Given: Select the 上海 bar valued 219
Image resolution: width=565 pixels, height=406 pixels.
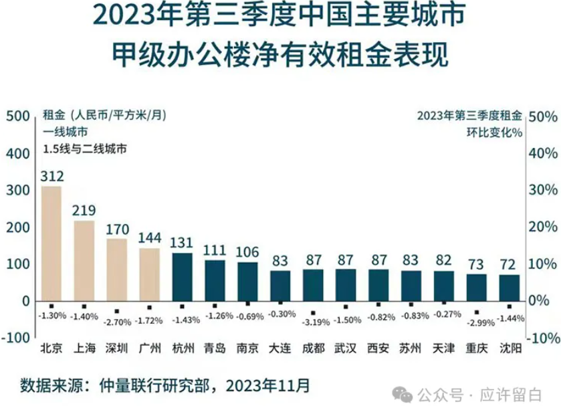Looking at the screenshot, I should pyautogui.click(x=84, y=261).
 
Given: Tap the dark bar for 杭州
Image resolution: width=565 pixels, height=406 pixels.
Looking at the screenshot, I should pyautogui.click(x=183, y=277).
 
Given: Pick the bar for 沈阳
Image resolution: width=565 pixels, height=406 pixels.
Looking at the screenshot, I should pyautogui.click(x=510, y=288).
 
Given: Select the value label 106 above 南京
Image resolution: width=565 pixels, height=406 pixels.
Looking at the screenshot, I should pyautogui.click(x=247, y=252).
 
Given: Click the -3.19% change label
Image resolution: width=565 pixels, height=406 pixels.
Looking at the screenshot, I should pyautogui.click(x=313, y=322).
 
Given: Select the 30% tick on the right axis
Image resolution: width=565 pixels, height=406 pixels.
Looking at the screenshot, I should pyautogui.click(x=542, y=190).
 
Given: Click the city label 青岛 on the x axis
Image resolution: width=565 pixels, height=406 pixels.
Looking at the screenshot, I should pyautogui.click(x=215, y=348).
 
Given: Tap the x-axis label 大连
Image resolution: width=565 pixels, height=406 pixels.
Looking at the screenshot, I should pyautogui.click(x=280, y=348).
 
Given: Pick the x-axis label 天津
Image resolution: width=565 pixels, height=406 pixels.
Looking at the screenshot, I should pyautogui.click(x=444, y=348).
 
